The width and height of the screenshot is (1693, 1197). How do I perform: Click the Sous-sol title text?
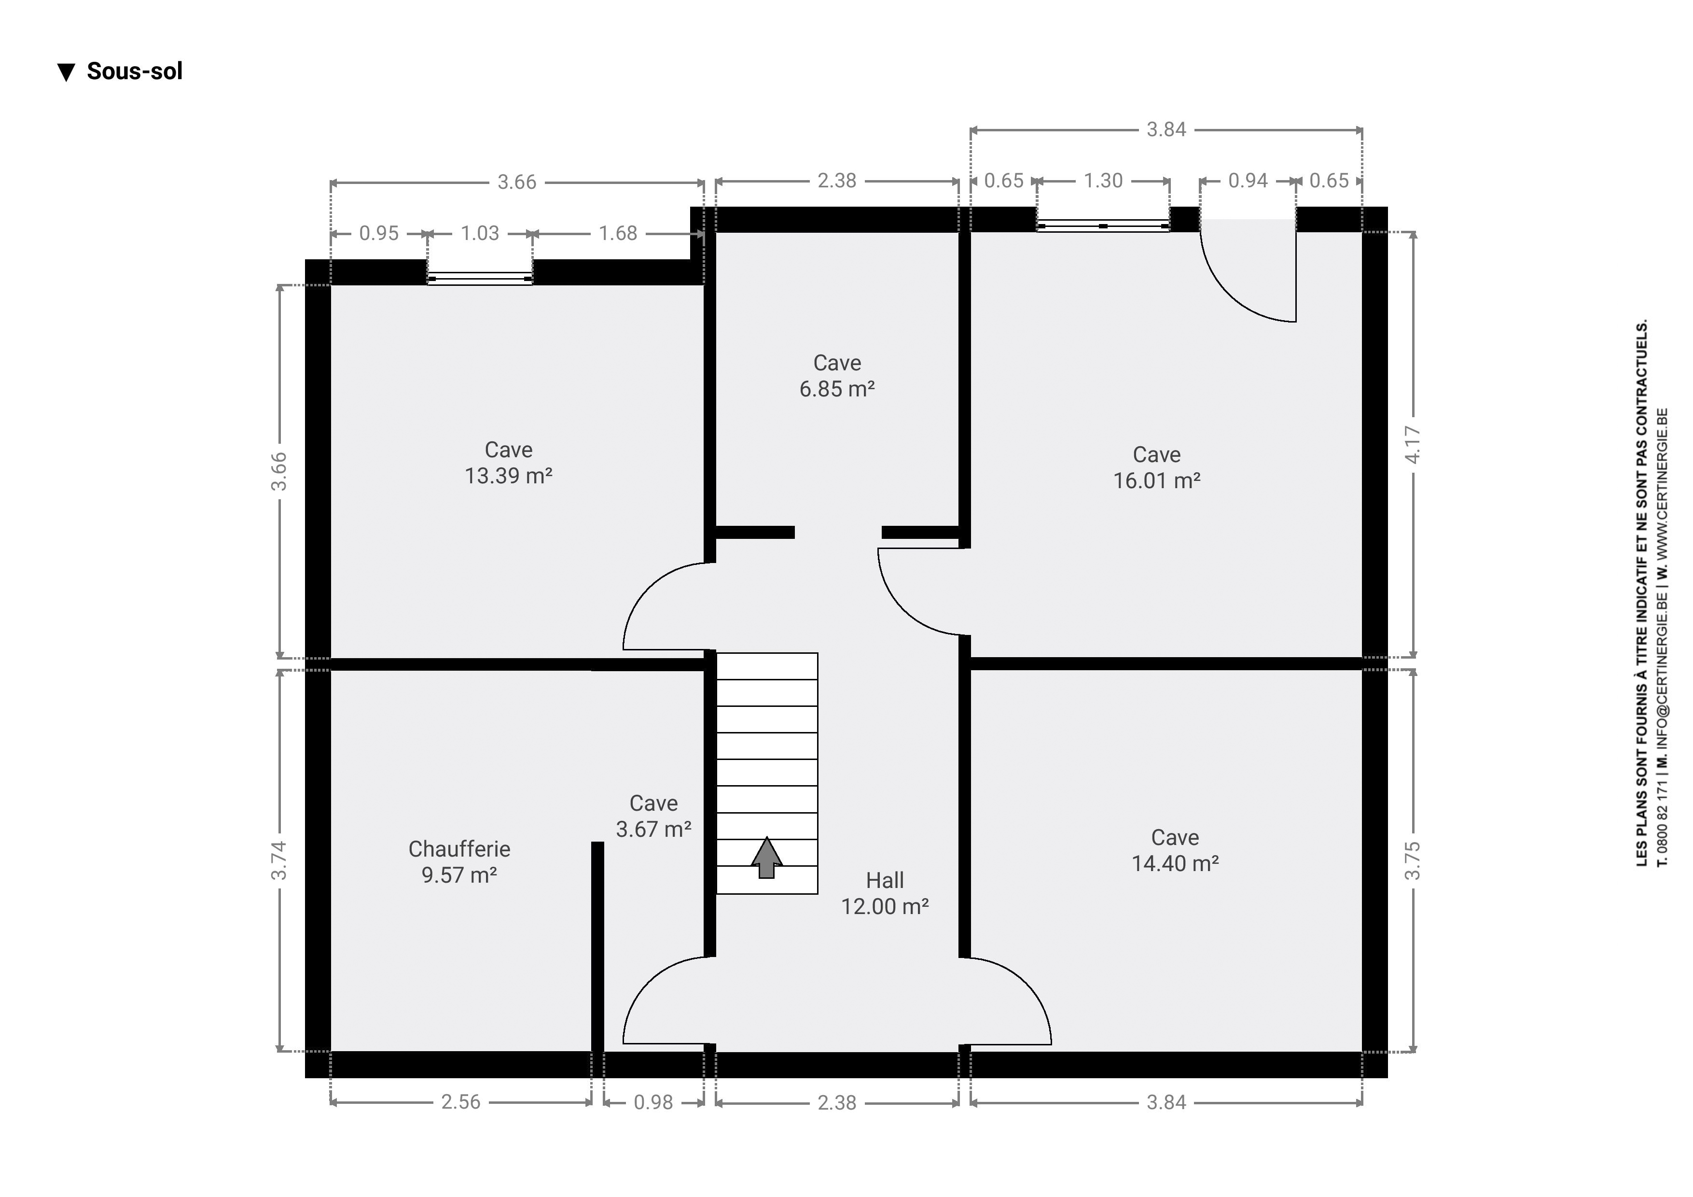[x=134, y=71]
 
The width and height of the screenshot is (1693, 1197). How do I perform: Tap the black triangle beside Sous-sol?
[x=67, y=72]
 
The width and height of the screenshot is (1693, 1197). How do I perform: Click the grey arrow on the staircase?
[x=767, y=857]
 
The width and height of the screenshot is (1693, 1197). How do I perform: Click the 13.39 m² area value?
[x=509, y=476]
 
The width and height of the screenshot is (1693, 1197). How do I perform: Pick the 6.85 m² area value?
[x=837, y=389]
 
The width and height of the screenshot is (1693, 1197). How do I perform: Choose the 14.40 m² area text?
[x=1175, y=863]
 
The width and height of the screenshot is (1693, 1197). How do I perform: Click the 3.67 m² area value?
[x=654, y=829]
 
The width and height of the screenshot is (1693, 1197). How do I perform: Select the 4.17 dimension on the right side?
[x=1413, y=445]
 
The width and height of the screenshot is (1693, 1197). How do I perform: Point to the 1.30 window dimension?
[x=1103, y=181]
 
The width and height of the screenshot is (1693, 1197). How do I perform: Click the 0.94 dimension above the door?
[x=1248, y=181]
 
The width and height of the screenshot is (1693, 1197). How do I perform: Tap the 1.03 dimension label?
[x=480, y=233]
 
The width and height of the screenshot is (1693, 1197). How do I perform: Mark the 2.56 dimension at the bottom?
[x=461, y=1102]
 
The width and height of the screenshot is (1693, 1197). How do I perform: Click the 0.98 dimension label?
[x=653, y=1102]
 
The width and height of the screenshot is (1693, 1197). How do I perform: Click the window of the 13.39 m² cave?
[x=480, y=279]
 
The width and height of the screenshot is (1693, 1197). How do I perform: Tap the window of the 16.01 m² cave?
[x=1103, y=225]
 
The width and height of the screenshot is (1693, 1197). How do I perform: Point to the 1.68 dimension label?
[x=618, y=233]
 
